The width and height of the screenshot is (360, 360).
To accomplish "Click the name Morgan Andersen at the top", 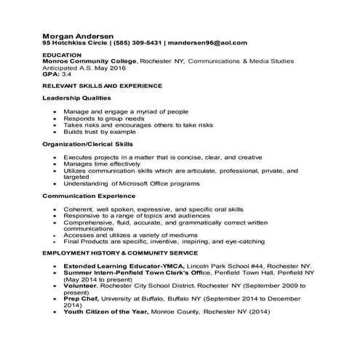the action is pos(77,36).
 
